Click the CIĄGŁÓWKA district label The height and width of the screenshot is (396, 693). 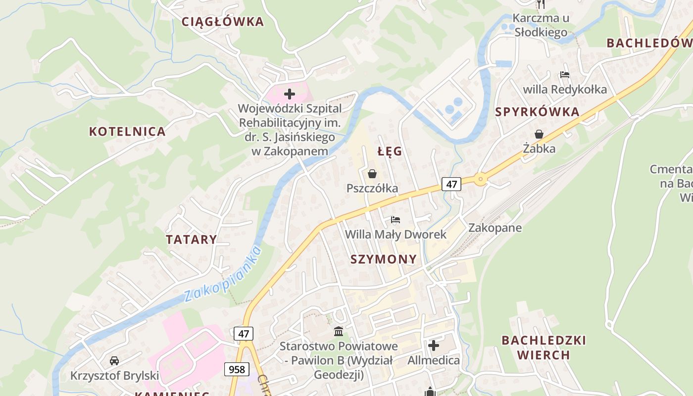tap(222, 22)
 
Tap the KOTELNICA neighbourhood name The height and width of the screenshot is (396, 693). tap(127, 132)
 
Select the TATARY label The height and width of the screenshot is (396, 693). tap(192, 240)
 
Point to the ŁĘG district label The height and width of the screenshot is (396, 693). tap(390, 152)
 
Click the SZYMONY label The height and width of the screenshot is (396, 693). tap(384, 259)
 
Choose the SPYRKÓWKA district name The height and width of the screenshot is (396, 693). tap(537, 112)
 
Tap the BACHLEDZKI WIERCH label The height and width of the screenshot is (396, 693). tap(544, 347)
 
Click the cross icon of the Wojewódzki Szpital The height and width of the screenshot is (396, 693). tap(290, 94)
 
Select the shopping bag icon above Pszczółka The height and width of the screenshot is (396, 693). tap(372, 174)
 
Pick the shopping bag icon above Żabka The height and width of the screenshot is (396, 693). tap(539, 134)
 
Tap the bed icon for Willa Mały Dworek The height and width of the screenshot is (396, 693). tap(395, 219)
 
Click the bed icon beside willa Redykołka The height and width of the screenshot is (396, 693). tap(565, 75)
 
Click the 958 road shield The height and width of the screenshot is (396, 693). tap(236, 369)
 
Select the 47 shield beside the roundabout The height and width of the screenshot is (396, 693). tap(451, 184)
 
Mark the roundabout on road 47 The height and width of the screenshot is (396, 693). tap(480, 180)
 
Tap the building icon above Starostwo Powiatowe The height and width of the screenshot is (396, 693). tap(339, 331)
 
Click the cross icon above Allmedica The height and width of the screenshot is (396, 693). tap(434, 345)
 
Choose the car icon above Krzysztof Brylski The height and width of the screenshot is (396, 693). tap(114, 360)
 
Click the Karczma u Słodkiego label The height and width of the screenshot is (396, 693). tap(541, 25)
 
